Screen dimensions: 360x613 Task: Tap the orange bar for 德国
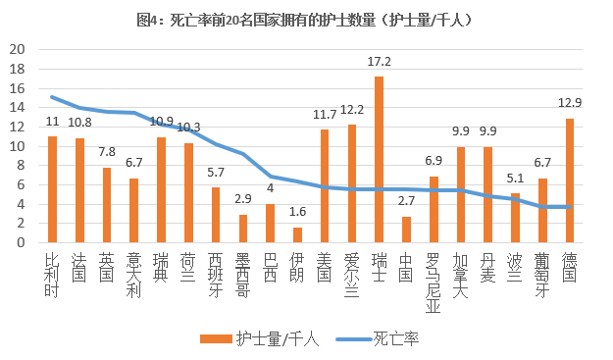pyautogui.click(x=570, y=180)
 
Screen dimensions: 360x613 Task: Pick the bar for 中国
pyautogui.click(x=406, y=230)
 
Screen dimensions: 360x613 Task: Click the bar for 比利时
pyautogui.click(x=53, y=189)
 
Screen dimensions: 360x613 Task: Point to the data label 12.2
pyautogui.click(x=352, y=110)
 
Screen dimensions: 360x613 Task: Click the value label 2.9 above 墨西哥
pyautogui.click(x=243, y=199)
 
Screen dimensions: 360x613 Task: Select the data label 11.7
pyautogui.click(x=325, y=115)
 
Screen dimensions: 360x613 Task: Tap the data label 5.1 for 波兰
pyautogui.click(x=515, y=179)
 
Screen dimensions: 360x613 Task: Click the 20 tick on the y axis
pyautogui.click(x=17, y=49)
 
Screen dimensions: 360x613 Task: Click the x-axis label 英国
pyautogui.click(x=107, y=267)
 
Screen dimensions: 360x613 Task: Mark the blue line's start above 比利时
pyautogui.click(x=53, y=97)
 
